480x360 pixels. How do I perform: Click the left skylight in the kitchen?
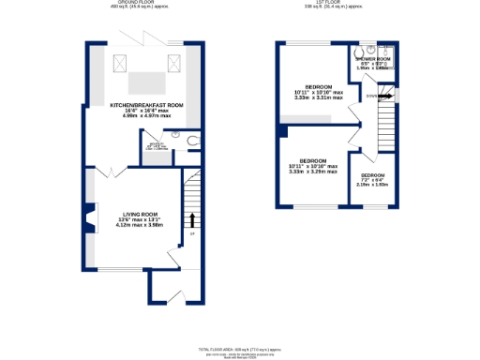point(119,63)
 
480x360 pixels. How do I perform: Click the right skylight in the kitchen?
point(172,63)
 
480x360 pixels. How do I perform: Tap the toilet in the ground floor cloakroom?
point(193,141)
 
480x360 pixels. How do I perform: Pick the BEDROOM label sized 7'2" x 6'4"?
point(373,175)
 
